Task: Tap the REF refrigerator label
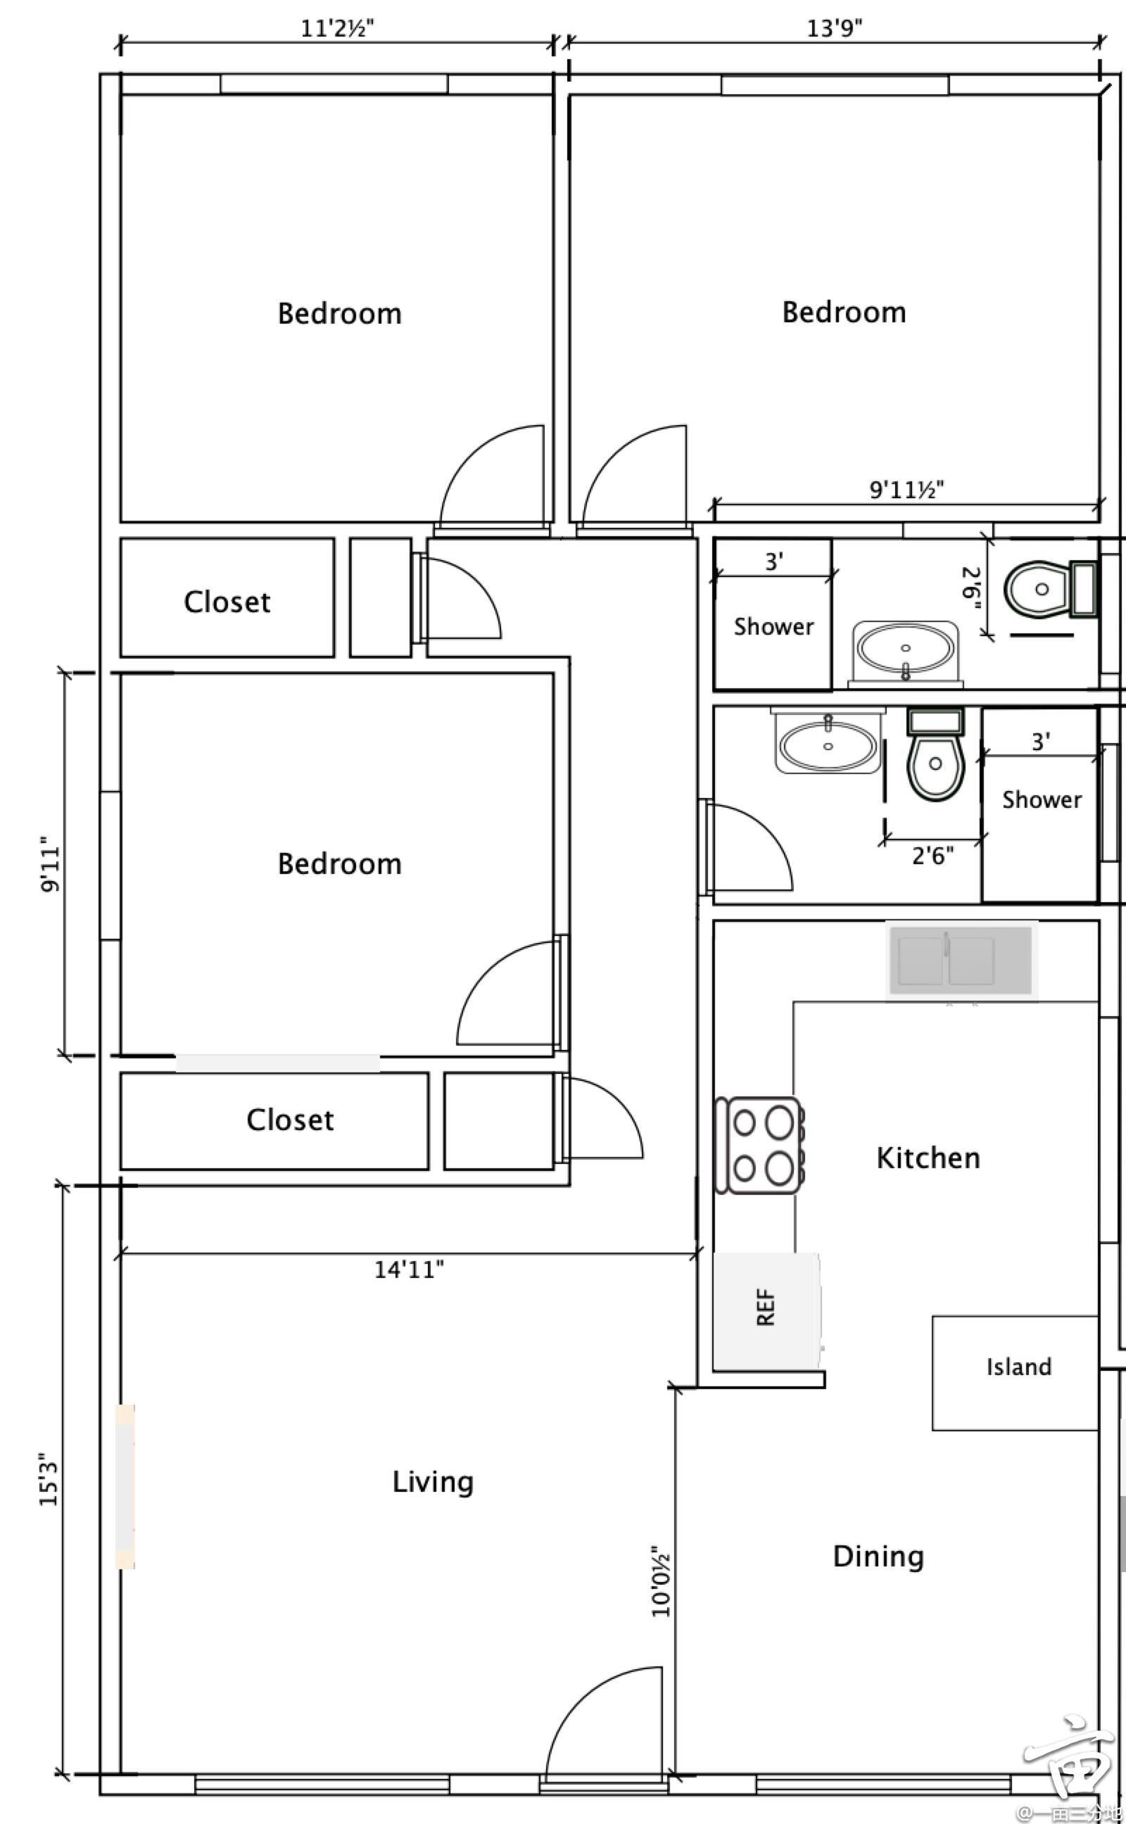766,1308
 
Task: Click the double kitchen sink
961,961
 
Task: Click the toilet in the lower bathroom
935,754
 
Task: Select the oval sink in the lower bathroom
828,741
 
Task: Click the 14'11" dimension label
409,1269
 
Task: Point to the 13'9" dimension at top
835,28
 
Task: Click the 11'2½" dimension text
337,28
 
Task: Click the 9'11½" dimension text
907,490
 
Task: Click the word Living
433,1482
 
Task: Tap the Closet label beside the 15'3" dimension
291,1120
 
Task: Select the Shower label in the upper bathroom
773,627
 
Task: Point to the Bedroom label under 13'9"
844,312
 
